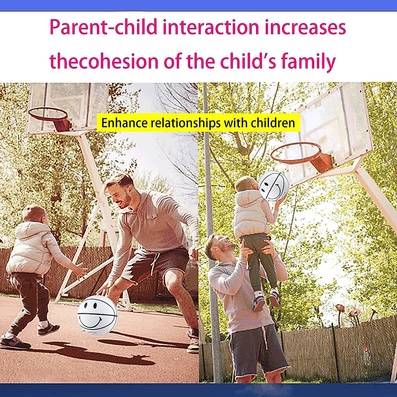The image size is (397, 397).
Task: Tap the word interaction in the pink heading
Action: [211, 27]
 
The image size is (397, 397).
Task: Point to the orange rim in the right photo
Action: [296, 153]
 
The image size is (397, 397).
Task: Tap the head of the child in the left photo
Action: [34, 215]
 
